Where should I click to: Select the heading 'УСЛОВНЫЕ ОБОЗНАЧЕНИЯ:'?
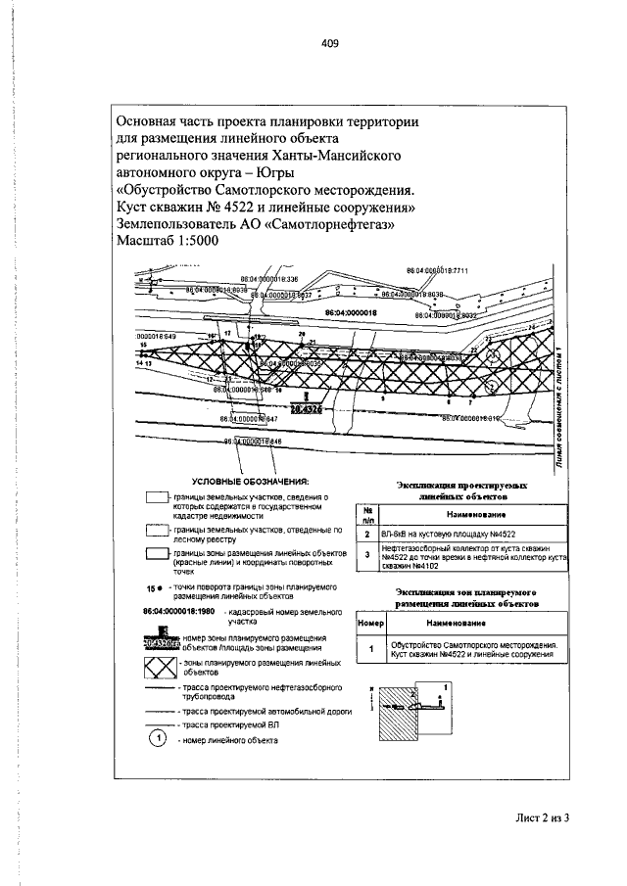249,481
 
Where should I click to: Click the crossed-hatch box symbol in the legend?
157,669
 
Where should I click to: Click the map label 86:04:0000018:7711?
439,270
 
